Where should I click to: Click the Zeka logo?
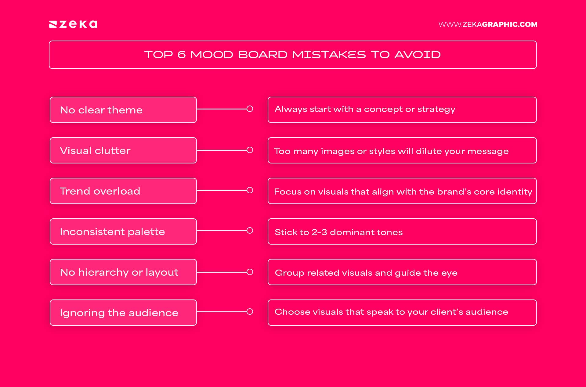[73, 24]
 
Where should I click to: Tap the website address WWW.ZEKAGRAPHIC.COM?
[488, 24]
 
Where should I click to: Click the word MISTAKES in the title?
[328, 55]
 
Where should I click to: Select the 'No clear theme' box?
[123, 110]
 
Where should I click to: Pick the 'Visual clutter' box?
[123, 150]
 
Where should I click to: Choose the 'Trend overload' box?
[123, 191]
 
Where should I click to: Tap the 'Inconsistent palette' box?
[123, 231]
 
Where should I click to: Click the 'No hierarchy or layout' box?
[123, 272]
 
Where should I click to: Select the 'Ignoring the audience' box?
[123, 313]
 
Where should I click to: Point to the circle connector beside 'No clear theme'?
[250, 109]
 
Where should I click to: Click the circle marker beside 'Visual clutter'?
[250, 150]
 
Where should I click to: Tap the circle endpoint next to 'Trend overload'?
[250, 190]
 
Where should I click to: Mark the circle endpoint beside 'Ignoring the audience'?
[250, 312]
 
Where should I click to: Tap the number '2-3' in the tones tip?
[319, 232]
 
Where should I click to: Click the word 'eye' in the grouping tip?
[449, 273]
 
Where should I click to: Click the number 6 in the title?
[181, 55]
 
